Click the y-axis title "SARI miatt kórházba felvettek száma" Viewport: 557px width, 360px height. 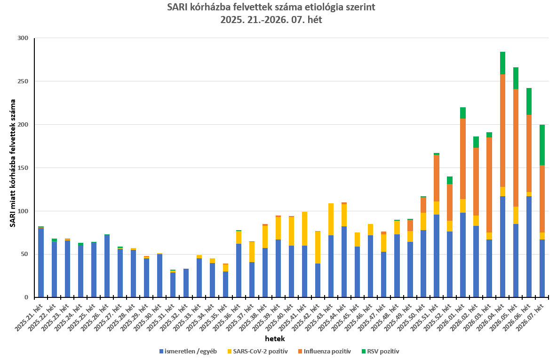pos(13,163)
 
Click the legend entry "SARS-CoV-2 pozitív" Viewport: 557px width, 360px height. pos(260,351)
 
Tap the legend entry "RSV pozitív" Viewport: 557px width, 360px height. pos(381,351)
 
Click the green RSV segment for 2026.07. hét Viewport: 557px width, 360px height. pos(542,145)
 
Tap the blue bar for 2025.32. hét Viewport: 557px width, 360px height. pos(186,283)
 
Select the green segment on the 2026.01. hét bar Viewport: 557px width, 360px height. pos(463,113)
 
